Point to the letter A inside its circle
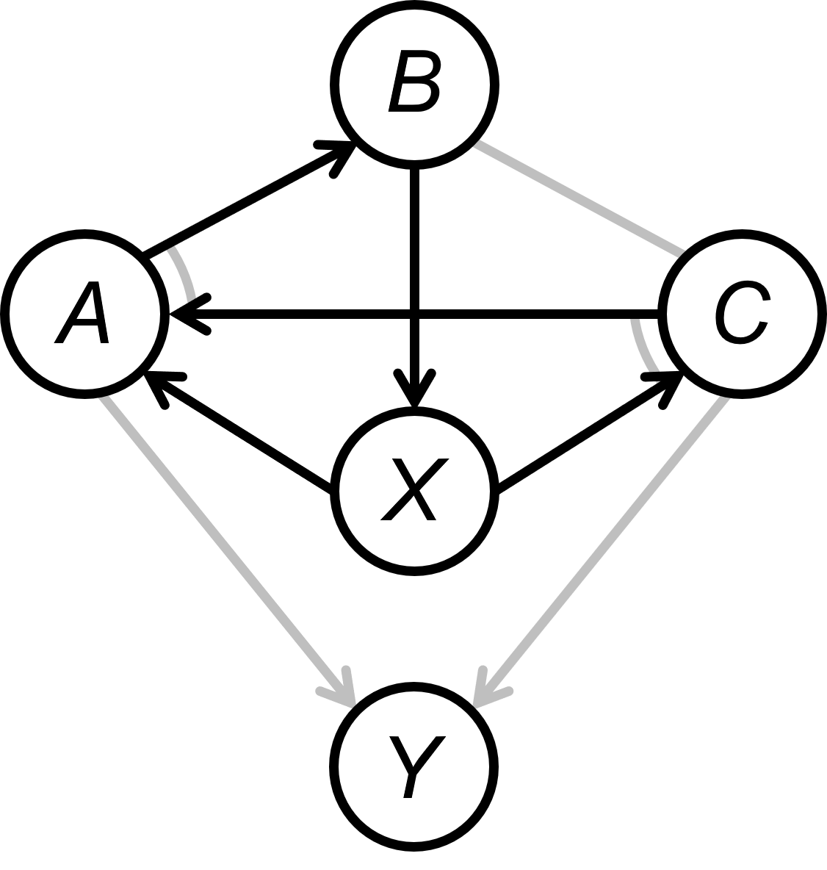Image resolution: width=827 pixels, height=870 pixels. [82, 314]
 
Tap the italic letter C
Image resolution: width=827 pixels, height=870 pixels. [742, 314]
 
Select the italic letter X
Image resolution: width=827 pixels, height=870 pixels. [414, 491]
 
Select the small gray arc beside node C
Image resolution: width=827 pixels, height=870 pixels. [643, 345]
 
